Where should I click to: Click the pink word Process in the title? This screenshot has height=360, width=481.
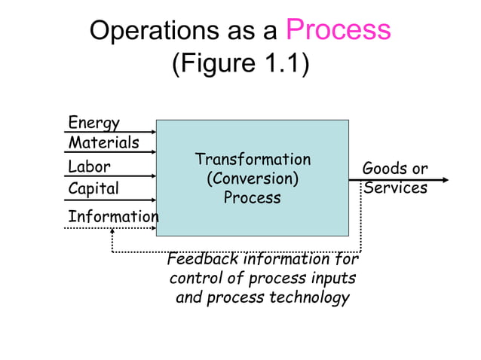coord(339,31)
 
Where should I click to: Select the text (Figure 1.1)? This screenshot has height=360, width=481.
coord(240,64)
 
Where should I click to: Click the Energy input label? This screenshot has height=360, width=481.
coord(93,122)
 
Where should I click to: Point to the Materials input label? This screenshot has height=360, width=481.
coord(103,142)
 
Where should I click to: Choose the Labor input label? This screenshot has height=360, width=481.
coord(89,166)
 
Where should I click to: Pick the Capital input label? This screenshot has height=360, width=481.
coord(93,188)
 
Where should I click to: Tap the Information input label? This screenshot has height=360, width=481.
coord(113,217)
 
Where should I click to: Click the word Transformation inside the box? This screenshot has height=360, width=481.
coord(253,160)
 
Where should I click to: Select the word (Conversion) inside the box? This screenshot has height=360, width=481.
coord(253,179)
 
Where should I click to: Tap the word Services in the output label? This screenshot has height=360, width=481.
coord(395,188)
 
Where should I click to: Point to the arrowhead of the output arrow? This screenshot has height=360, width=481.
coord(446,180)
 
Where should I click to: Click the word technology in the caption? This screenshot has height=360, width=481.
coord(308,297)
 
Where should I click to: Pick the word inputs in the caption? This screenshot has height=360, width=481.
coord(332,279)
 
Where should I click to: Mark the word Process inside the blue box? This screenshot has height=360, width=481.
coord(253,199)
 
